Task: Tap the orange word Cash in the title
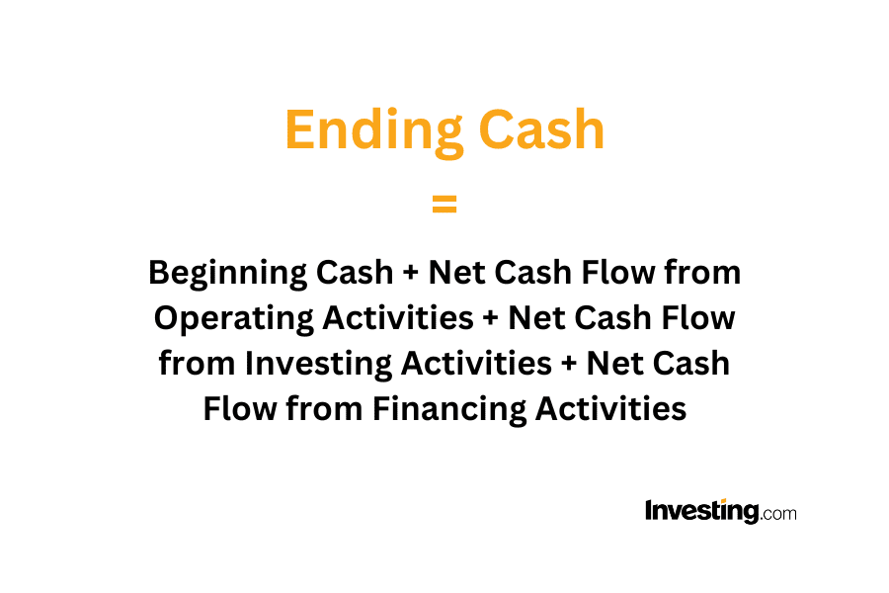coord(542,129)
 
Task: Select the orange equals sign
coord(444,204)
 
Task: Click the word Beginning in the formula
coord(227,274)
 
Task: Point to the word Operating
coord(233,319)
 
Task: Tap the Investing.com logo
coord(721,511)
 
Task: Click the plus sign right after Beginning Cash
coord(411,273)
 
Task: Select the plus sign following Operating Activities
coord(490,318)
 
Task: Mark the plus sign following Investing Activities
coord(569,364)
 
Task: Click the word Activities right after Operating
coord(398,317)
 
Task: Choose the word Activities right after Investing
coord(476,363)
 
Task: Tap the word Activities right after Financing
coord(610,408)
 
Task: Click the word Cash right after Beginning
coord(355,273)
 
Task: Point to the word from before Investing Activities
coord(197,363)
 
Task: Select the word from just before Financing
coord(324,408)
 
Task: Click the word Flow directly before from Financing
coord(240,408)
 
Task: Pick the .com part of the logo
coord(779,514)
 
